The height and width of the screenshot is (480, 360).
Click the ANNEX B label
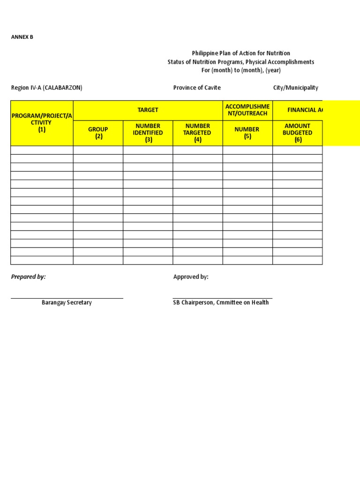tap(22, 37)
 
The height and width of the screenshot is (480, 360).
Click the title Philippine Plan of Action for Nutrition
tap(241, 53)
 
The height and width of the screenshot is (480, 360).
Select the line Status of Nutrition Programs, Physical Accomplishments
tap(241, 62)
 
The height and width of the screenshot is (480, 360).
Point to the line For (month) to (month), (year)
tap(241, 70)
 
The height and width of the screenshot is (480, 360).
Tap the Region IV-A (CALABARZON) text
tap(47, 88)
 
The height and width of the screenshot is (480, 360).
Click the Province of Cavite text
tap(197, 88)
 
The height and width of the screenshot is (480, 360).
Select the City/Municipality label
tap(296, 88)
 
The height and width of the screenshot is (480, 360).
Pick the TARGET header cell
tap(148, 110)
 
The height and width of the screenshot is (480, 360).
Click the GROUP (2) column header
tap(98, 133)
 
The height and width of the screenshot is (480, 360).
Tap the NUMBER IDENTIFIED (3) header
tap(148, 133)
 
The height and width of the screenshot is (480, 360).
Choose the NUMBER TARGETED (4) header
tap(197, 133)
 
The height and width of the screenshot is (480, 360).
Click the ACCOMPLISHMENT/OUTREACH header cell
tap(247, 110)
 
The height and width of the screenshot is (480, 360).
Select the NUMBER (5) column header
tap(247, 133)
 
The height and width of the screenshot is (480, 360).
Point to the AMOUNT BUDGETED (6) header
tap(298, 133)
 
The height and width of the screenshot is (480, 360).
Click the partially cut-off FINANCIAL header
tap(305, 110)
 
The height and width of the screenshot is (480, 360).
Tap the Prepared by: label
tap(29, 277)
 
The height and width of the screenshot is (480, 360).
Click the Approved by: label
tap(191, 277)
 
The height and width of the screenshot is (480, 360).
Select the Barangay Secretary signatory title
tap(67, 303)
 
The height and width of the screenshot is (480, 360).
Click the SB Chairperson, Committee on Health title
tap(221, 303)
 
